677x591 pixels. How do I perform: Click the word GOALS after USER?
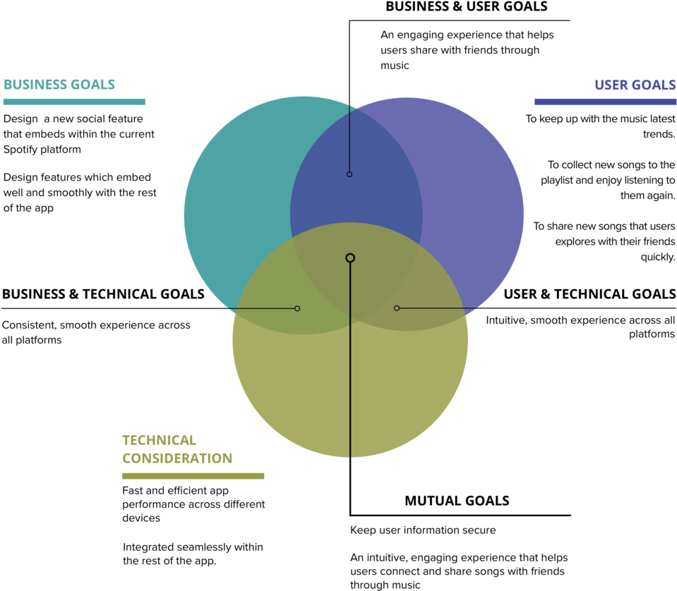coord(654,85)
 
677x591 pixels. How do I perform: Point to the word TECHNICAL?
coord(159,440)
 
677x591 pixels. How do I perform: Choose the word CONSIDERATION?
coord(177,458)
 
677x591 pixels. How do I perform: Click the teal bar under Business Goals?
coord(74,102)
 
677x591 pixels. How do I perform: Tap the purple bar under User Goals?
coord(605,102)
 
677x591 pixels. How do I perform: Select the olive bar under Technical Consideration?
coord(193,476)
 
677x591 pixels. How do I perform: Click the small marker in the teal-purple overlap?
coord(349,174)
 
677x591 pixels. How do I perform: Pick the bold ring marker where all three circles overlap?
coord(350,258)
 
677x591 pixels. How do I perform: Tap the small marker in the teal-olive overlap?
coord(297,308)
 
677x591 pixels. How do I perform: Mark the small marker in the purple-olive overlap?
coord(397,308)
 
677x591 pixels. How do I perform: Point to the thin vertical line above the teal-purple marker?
coord(349,138)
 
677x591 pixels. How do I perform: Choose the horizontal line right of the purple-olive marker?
coord(438,308)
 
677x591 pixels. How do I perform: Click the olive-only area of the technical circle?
coord(296,395)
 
